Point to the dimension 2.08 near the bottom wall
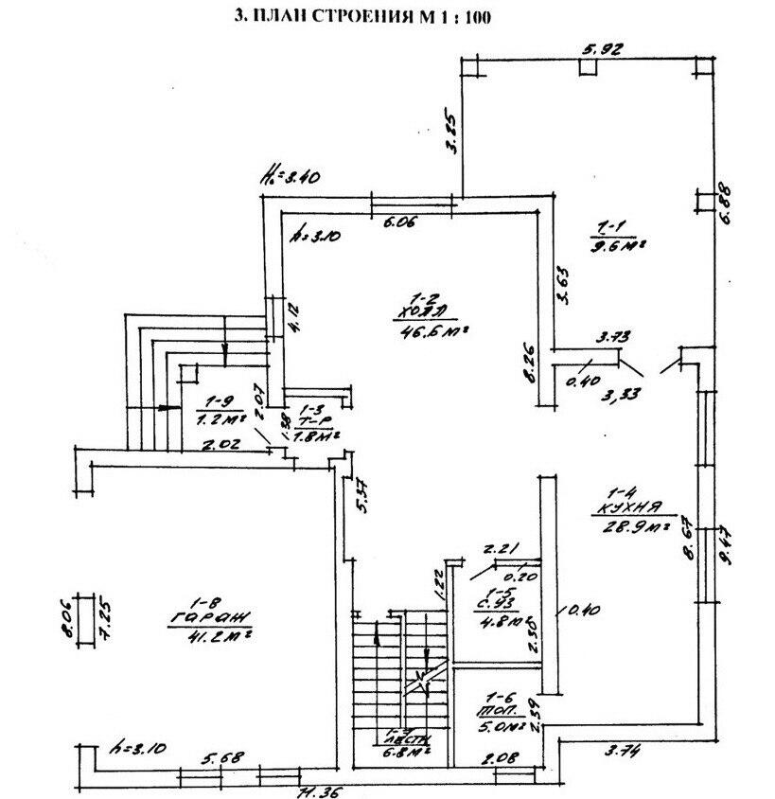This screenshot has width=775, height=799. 497,757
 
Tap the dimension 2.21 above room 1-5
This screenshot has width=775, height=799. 498,548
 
